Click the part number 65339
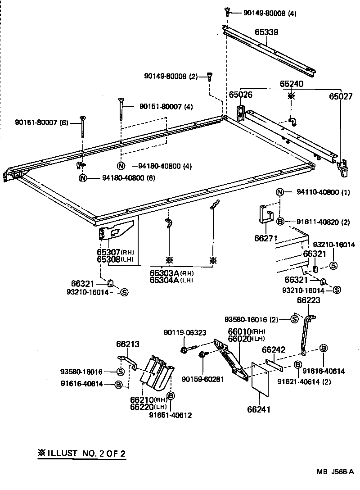click(x=267, y=32)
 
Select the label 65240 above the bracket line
click(x=292, y=84)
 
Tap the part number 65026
click(x=240, y=95)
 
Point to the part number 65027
click(x=341, y=96)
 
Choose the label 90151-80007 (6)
click(x=41, y=122)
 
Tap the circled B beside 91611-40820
click(x=280, y=221)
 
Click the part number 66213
click(x=127, y=345)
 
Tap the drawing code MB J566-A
click(x=335, y=472)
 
